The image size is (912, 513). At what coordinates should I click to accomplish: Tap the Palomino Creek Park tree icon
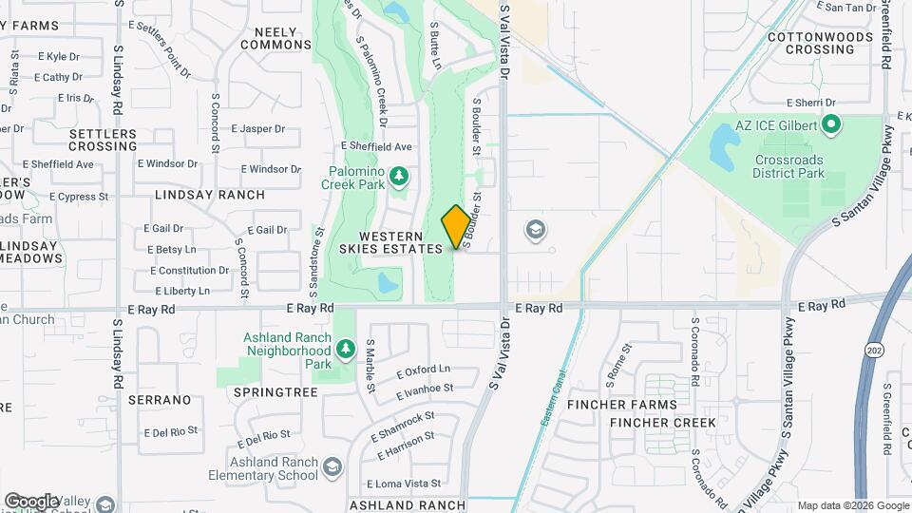(x=400, y=175)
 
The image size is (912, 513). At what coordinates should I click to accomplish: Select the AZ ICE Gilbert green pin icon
(x=831, y=124)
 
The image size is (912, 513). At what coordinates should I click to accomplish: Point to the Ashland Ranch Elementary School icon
(x=332, y=466)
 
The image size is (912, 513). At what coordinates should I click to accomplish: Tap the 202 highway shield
(x=873, y=351)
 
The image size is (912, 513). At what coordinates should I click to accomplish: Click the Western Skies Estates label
(x=400, y=241)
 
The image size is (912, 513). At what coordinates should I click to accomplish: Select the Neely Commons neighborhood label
(x=276, y=38)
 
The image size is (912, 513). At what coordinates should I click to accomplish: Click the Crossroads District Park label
(x=789, y=167)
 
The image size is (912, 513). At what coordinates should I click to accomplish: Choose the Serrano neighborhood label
(x=160, y=400)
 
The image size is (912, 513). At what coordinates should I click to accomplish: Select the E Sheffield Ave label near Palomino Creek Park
(x=376, y=146)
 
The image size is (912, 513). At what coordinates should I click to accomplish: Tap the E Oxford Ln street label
(x=423, y=370)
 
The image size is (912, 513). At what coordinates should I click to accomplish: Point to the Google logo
(x=31, y=501)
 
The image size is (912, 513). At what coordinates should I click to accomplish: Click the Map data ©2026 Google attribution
(x=851, y=505)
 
